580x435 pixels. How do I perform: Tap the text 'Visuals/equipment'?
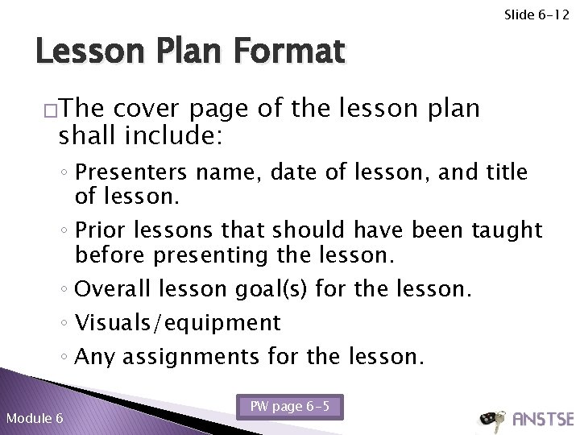pos(177,323)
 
